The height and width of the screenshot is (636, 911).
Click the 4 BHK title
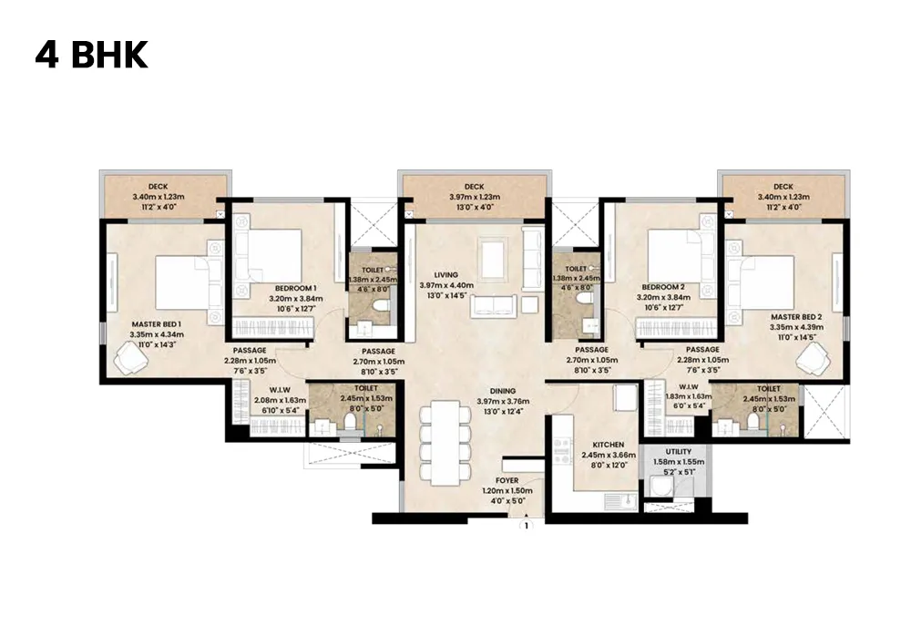click(x=91, y=55)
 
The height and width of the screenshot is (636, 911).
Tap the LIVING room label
click(x=445, y=274)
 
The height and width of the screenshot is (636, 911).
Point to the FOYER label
click(x=507, y=479)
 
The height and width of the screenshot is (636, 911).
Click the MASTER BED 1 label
click(x=157, y=323)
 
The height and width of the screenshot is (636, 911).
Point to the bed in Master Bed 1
click(x=187, y=282)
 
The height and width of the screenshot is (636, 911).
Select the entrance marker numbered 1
click(x=526, y=525)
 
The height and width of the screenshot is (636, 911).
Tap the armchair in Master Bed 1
click(x=131, y=363)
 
